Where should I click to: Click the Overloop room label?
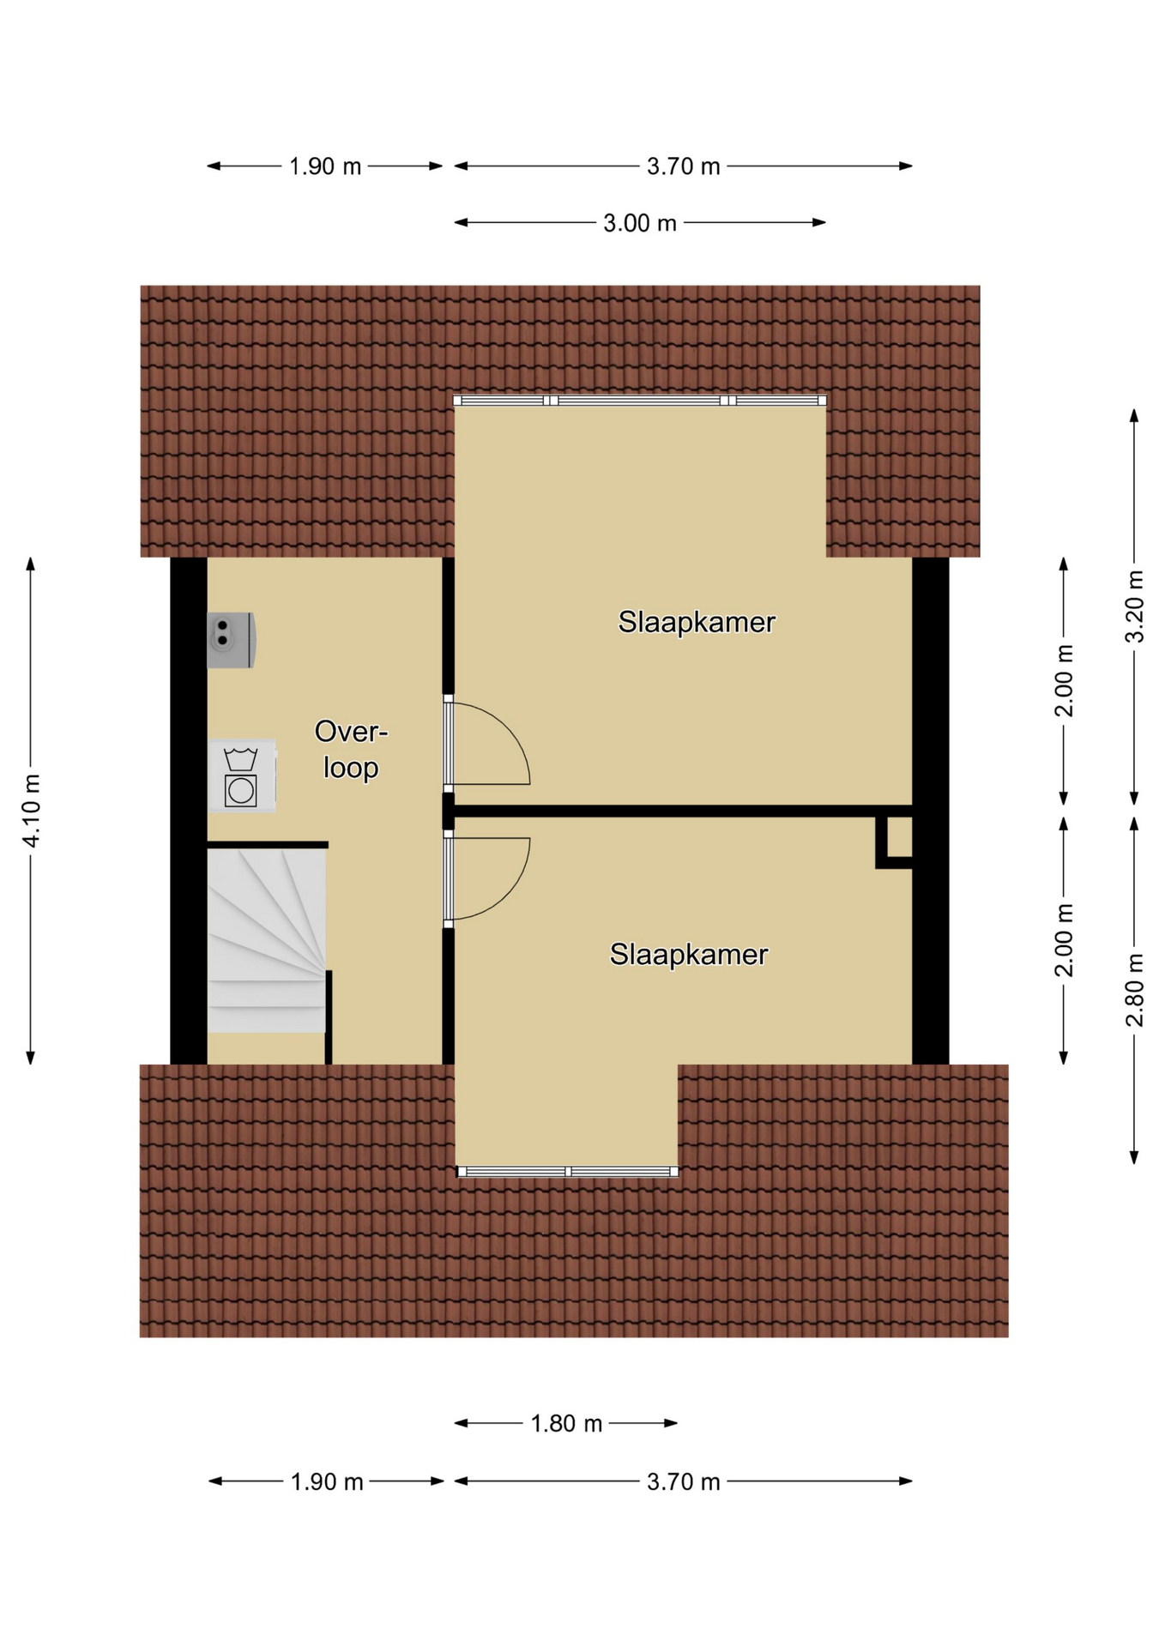click(x=351, y=749)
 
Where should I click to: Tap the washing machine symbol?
click(x=241, y=775)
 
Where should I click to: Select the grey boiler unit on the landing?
click(x=231, y=639)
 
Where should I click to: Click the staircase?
click(x=268, y=938)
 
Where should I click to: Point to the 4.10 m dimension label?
click(x=32, y=810)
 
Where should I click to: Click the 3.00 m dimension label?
click(x=640, y=223)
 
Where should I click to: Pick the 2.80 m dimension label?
click(x=1134, y=989)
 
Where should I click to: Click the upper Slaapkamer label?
click(x=697, y=622)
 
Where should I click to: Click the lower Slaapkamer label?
click(x=689, y=954)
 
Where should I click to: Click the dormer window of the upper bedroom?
click(x=640, y=401)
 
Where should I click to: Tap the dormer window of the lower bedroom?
click(x=568, y=1171)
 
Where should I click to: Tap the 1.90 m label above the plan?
click(x=325, y=166)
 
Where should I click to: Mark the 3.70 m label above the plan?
click(x=683, y=166)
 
